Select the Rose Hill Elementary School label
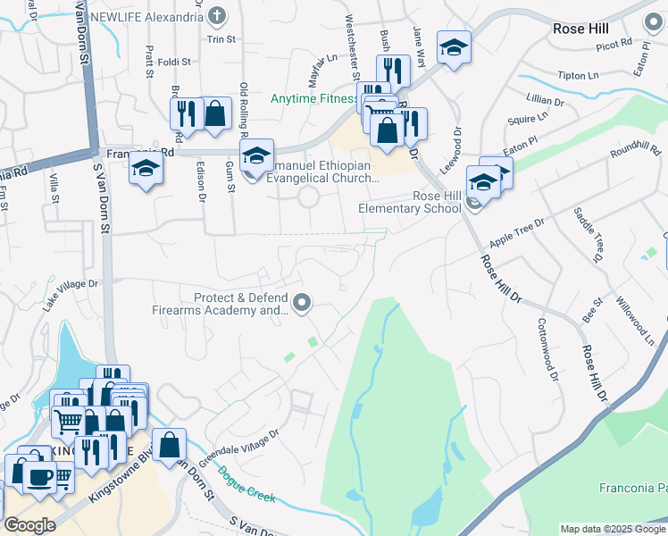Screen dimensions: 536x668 click(x=410, y=202)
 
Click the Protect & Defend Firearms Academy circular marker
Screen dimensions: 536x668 click(x=303, y=304)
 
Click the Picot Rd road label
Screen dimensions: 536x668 click(x=614, y=42)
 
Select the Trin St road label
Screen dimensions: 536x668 click(x=221, y=39)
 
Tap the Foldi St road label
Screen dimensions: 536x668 click(x=174, y=62)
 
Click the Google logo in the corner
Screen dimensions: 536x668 click(x=30, y=525)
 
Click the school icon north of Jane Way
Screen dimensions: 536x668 click(x=454, y=47)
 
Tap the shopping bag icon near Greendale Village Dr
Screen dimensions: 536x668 click(x=169, y=444)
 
